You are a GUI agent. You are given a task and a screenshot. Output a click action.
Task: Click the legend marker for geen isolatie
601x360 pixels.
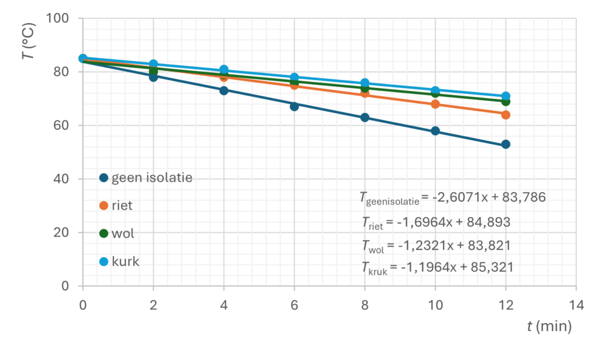pos(104,178)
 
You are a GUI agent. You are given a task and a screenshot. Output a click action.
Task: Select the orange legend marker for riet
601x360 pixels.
pos(104,206)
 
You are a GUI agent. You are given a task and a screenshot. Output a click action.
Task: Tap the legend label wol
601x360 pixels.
pos(123,233)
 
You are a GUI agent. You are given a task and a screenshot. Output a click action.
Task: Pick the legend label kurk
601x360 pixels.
pos(125,261)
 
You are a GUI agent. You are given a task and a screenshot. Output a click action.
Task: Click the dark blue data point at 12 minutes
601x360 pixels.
pos(505,144)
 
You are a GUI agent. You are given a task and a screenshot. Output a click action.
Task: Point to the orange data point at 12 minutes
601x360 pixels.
pos(505,115)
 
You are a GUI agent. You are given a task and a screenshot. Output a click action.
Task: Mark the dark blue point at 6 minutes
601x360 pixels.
pos(294,106)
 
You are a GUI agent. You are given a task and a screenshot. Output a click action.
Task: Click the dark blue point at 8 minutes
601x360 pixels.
pos(364,117)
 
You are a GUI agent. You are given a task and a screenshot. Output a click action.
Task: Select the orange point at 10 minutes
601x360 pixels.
pos(435,104)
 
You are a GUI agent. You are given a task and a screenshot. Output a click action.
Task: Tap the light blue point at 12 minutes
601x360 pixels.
pos(505,96)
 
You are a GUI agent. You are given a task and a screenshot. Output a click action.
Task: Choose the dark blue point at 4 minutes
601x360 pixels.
pos(224,90)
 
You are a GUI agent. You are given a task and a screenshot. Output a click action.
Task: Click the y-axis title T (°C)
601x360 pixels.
pos(28,45)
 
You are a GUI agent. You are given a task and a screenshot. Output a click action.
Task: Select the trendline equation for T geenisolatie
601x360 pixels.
pos(453,198)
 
